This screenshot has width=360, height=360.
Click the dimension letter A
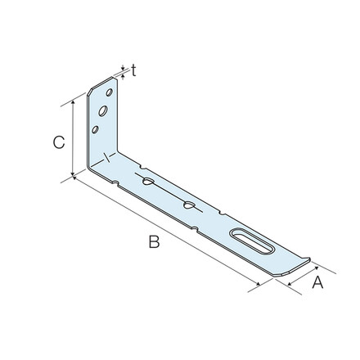(x=318, y=284)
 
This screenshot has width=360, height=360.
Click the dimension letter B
(x=153, y=241)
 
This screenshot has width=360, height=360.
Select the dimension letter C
(x=58, y=142)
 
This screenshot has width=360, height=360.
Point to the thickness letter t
(x=133, y=71)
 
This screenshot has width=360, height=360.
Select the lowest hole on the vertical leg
(x=97, y=128)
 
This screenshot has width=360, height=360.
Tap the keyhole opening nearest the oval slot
(x=189, y=207)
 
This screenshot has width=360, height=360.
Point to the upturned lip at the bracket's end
(x=304, y=263)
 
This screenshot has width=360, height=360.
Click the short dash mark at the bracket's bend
(x=107, y=156)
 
